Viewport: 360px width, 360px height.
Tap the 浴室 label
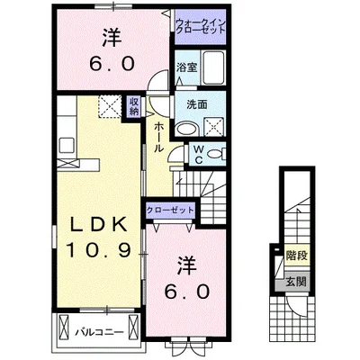[186, 68]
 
